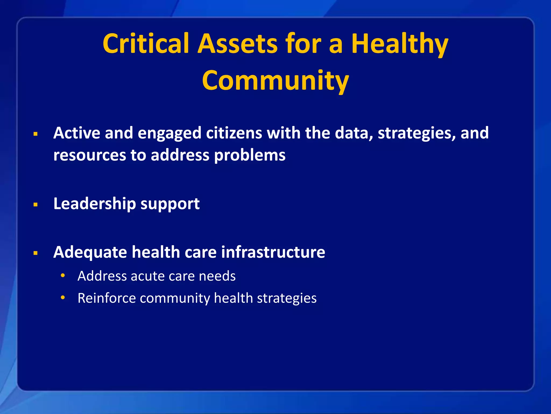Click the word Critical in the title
coord(146,44)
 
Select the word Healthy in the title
coord(400,44)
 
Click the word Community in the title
coord(275,80)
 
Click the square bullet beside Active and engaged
coord(36,134)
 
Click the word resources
coord(90,156)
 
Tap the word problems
coord(250,156)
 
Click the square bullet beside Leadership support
coord(36,205)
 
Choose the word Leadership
coord(95,203)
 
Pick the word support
coord(170,204)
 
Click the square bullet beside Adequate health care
coord(36,253)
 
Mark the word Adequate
coord(90,252)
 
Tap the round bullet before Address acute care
coord(63,275)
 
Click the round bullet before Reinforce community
coord(63,298)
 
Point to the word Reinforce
coord(107,298)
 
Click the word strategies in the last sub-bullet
coord(287,298)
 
